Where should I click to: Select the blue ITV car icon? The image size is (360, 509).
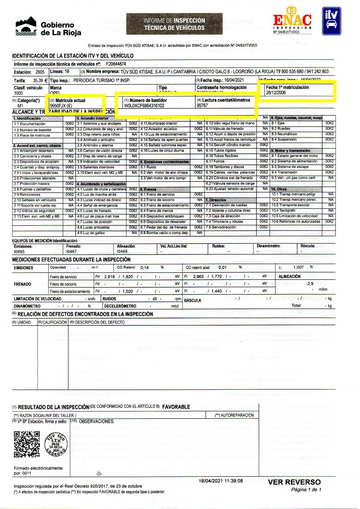(332, 21)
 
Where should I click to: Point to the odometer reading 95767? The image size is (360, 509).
(202, 106)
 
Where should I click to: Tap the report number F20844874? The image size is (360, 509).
(116, 64)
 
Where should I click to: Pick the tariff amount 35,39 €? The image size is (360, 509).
(35, 80)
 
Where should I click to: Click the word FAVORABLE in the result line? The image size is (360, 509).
(176, 407)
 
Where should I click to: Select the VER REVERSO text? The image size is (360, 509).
(294, 482)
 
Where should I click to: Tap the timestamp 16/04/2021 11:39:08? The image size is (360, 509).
(221, 480)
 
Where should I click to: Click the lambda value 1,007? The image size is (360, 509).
(299, 267)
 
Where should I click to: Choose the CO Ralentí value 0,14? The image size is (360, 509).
(144, 267)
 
